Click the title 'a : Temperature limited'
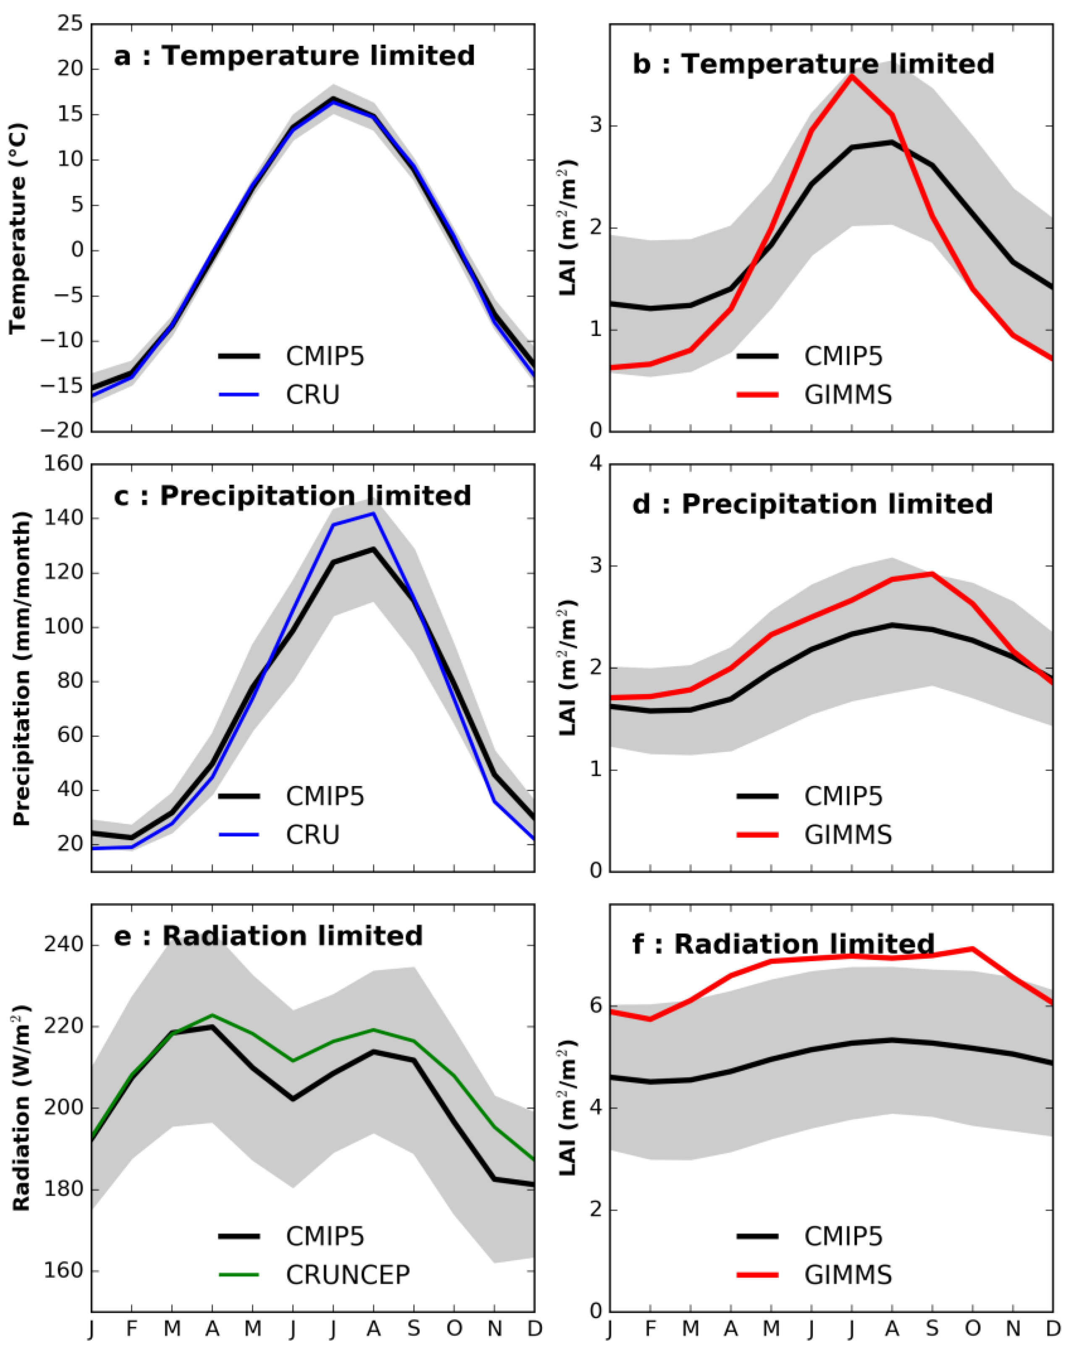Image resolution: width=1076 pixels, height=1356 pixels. coord(294,55)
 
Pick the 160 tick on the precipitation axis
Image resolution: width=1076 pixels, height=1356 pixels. coord(63,463)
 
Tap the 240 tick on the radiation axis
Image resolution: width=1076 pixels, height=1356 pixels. coord(63,945)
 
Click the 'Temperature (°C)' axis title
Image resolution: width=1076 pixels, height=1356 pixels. coord(19,228)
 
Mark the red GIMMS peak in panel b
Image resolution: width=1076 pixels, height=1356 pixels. coord(852,76)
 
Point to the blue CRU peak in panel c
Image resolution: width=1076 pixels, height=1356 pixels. coord(373,513)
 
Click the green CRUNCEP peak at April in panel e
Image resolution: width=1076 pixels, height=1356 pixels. coord(212,1015)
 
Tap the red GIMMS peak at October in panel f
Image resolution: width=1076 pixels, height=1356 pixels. coord(972,949)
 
